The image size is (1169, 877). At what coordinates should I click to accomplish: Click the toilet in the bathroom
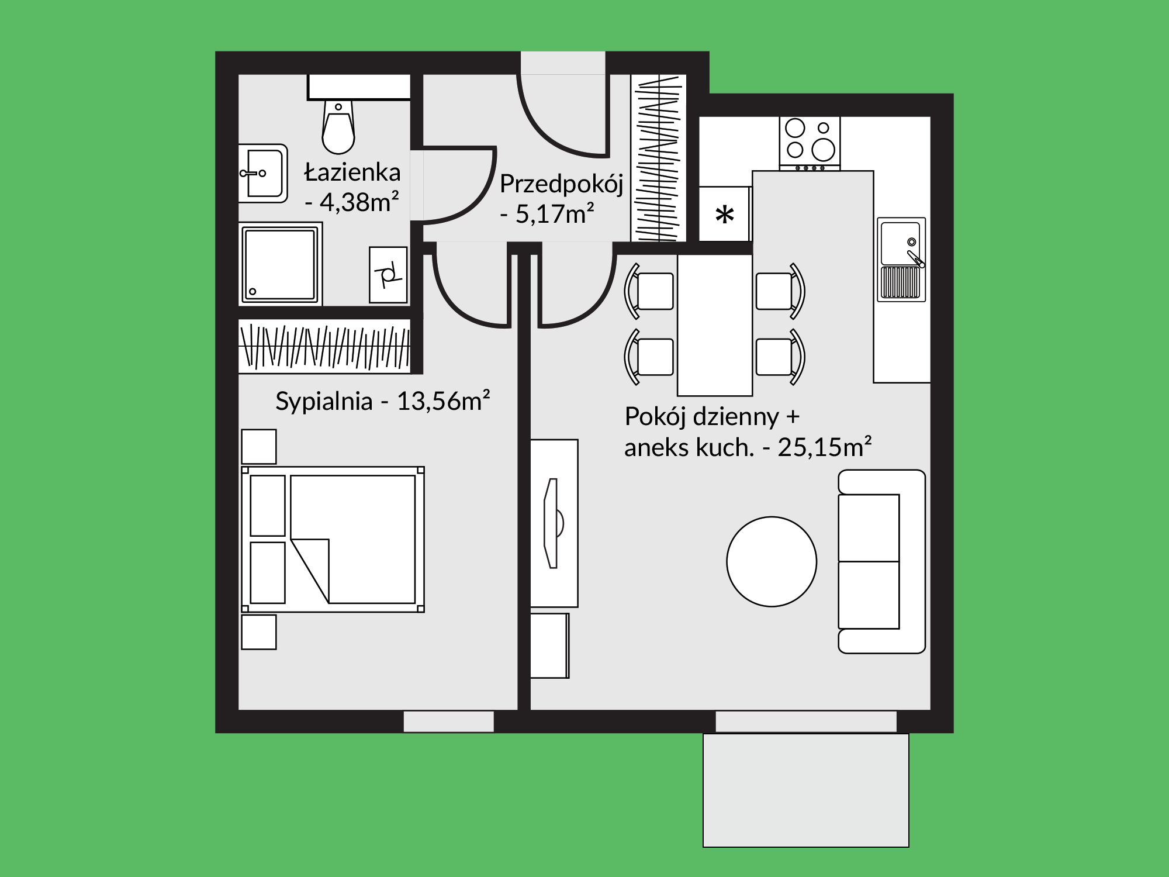[x=338, y=125]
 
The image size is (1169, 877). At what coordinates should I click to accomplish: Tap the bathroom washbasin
[x=263, y=173]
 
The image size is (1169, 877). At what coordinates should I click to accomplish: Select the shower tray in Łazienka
[x=281, y=264]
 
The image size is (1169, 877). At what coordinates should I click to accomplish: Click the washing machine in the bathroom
[x=388, y=275]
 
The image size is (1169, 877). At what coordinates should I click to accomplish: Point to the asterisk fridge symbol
[x=725, y=215]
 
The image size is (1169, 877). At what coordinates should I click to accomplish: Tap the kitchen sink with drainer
[x=901, y=260]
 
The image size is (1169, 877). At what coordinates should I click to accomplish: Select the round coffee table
[x=772, y=562]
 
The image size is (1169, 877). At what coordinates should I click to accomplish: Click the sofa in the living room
[x=881, y=561]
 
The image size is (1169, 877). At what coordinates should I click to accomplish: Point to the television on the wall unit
[x=553, y=523]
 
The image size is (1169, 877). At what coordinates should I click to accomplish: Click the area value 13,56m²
[x=443, y=401]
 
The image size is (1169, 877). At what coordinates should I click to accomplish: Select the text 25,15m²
[x=825, y=447]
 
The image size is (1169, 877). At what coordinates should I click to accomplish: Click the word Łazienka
[x=352, y=172]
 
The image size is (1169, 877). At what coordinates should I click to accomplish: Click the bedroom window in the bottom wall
[x=449, y=721]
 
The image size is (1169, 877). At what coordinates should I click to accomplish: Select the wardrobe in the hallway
[x=658, y=158]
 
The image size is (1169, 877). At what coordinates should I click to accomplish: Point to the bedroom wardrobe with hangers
[x=324, y=346]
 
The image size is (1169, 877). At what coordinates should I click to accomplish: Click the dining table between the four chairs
[x=715, y=325]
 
